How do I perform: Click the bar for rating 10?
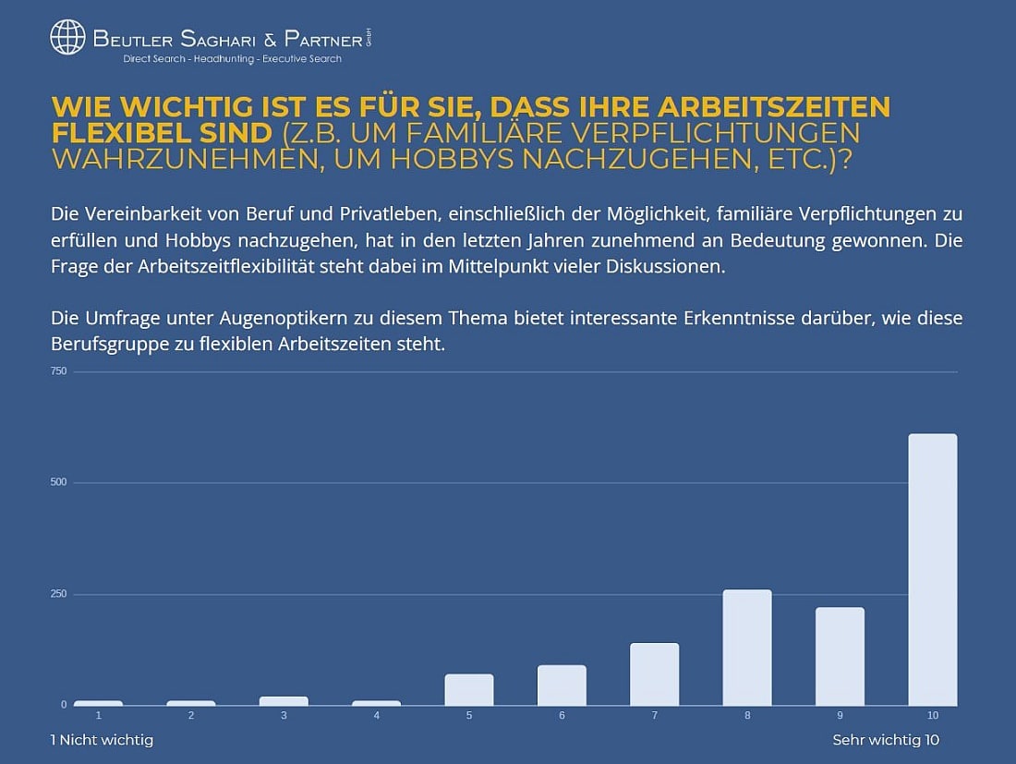pos(932,569)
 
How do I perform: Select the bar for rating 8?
pos(746,647)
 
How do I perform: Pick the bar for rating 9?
pos(840,656)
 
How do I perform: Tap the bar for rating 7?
pos(654,673)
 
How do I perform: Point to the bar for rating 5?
pos(468,689)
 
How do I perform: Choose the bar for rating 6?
pos(562,685)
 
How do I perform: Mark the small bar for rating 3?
pos(284,700)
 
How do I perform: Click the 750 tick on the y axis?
pos(58,371)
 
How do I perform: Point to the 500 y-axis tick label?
pos(58,482)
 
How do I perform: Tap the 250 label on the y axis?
pos(58,594)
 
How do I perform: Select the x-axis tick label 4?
pos(376,716)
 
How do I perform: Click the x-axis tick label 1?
pos(98,716)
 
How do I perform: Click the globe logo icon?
pos(67,38)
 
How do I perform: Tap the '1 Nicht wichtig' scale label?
pos(103,740)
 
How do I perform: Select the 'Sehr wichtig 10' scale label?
pos(886,740)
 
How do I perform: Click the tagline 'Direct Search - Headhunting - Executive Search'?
pos(232,59)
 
